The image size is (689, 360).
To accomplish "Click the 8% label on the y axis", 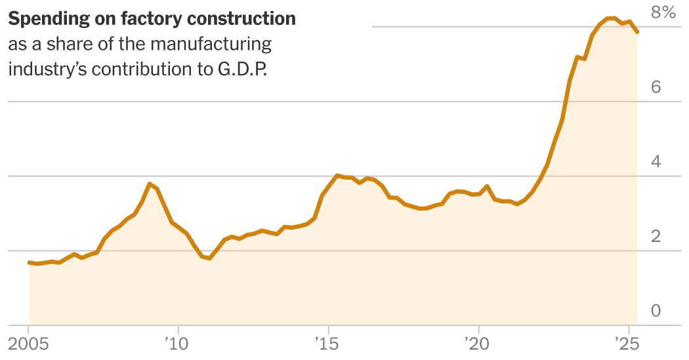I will pyautogui.click(x=662, y=12).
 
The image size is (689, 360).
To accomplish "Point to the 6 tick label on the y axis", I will pyautogui.click(x=656, y=87).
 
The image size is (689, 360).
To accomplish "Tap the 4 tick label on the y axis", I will pyautogui.click(x=656, y=162).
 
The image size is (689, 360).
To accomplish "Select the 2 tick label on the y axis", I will pyautogui.click(x=656, y=237).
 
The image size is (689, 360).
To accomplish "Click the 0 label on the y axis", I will pyautogui.click(x=656, y=311).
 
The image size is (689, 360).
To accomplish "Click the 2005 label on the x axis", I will pyautogui.click(x=30, y=343).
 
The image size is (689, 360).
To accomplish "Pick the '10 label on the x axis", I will pyautogui.click(x=176, y=343).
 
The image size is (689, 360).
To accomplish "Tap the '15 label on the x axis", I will pyautogui.click(x=326, y=343).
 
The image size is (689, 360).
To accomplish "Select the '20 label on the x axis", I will pyautogui.click(x=476, y=343).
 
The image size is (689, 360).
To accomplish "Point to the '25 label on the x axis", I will pyautogui.click(x=626, y=343).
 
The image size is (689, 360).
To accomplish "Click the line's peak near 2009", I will pyautogui.click(x=150, y=184).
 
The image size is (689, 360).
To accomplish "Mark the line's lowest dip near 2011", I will pyautogui.click(x=209, y=258).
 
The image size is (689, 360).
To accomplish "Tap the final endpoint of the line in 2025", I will pyautogui.click(x=637, y=31).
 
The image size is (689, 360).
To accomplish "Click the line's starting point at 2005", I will pyautogui.click(x=30, y=262).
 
